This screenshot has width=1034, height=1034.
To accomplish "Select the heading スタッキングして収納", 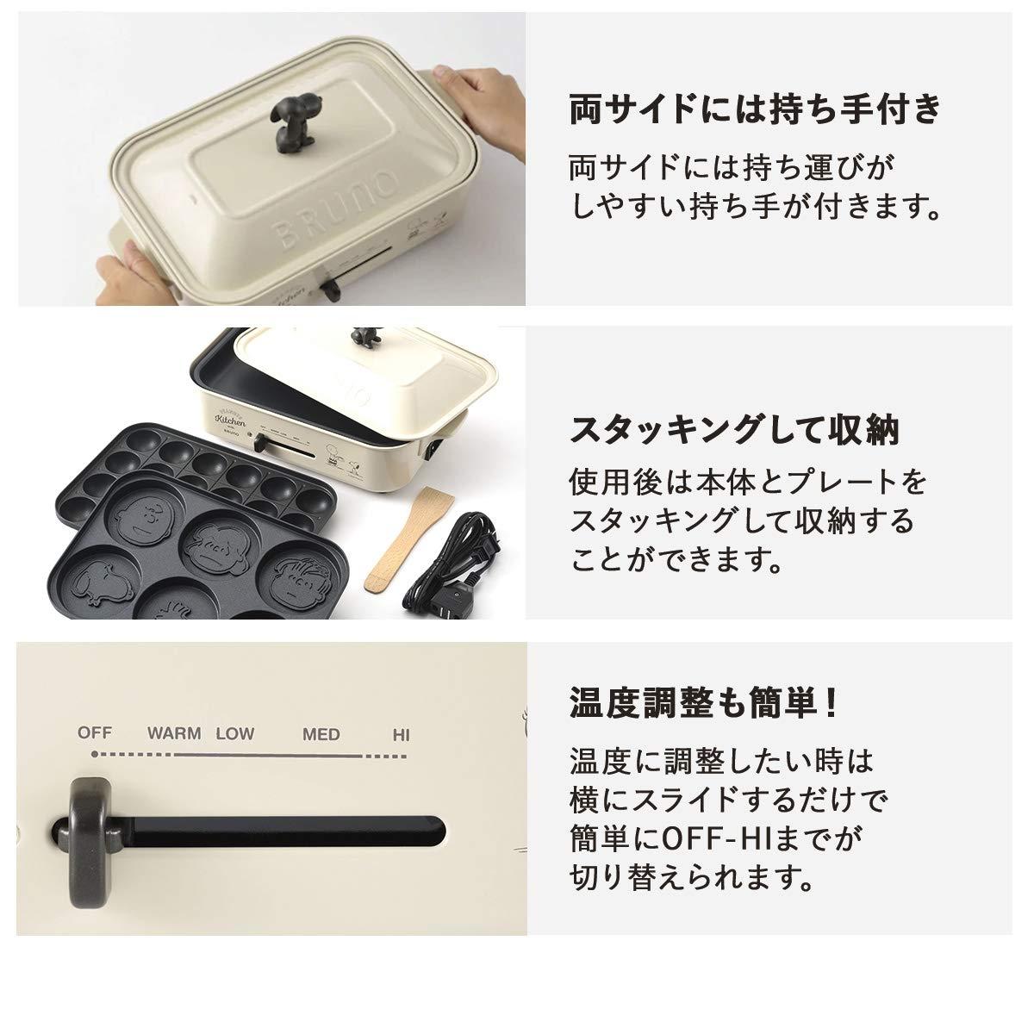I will [735, 428].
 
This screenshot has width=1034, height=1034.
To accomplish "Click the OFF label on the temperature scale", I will [95, 733].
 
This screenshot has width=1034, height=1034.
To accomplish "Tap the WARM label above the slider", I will [173, 734].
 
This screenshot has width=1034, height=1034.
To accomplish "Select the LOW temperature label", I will [234, 734].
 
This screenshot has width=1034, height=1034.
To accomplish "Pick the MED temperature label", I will [321, 735].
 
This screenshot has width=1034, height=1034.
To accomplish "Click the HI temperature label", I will [401, 735].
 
